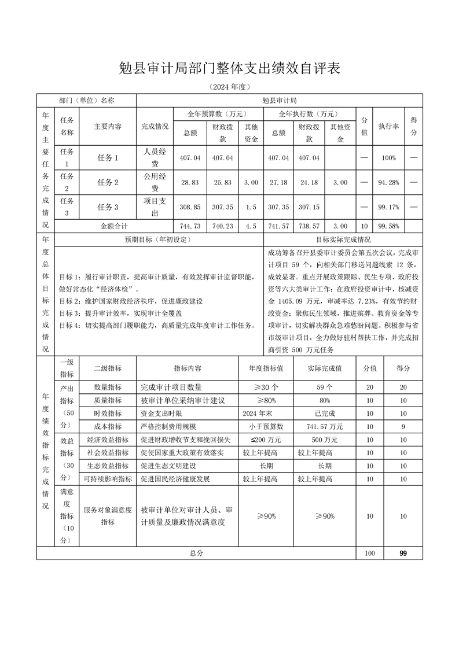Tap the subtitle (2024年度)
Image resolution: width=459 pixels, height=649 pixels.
pyautogui.click(x=229, y=87)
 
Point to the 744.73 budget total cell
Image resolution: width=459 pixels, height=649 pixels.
pyautogui.click(x=190, y=226)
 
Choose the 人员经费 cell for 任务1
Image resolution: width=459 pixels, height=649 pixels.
pyautogui.click(x=155, y=157)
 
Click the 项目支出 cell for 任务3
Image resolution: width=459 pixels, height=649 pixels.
pyautogui.click(x=155, y=207)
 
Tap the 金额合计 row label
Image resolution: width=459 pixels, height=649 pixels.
pyautogui.click(x=116, y=226)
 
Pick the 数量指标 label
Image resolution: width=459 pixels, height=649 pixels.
pyautogui.click(x=108, y=388)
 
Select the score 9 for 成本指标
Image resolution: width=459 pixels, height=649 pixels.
pyautogui.click(x=403, y=427)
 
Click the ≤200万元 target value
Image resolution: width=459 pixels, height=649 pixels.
pyautogui.click(x=266, y=440)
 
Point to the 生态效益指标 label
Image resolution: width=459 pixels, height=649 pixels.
pyautogui.click(x=108, y=466)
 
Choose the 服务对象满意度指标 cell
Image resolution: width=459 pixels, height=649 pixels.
pyautogui.click(x=108, y=516)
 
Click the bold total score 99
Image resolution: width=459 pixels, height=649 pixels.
pyautogui.click(x=403, y=554)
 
